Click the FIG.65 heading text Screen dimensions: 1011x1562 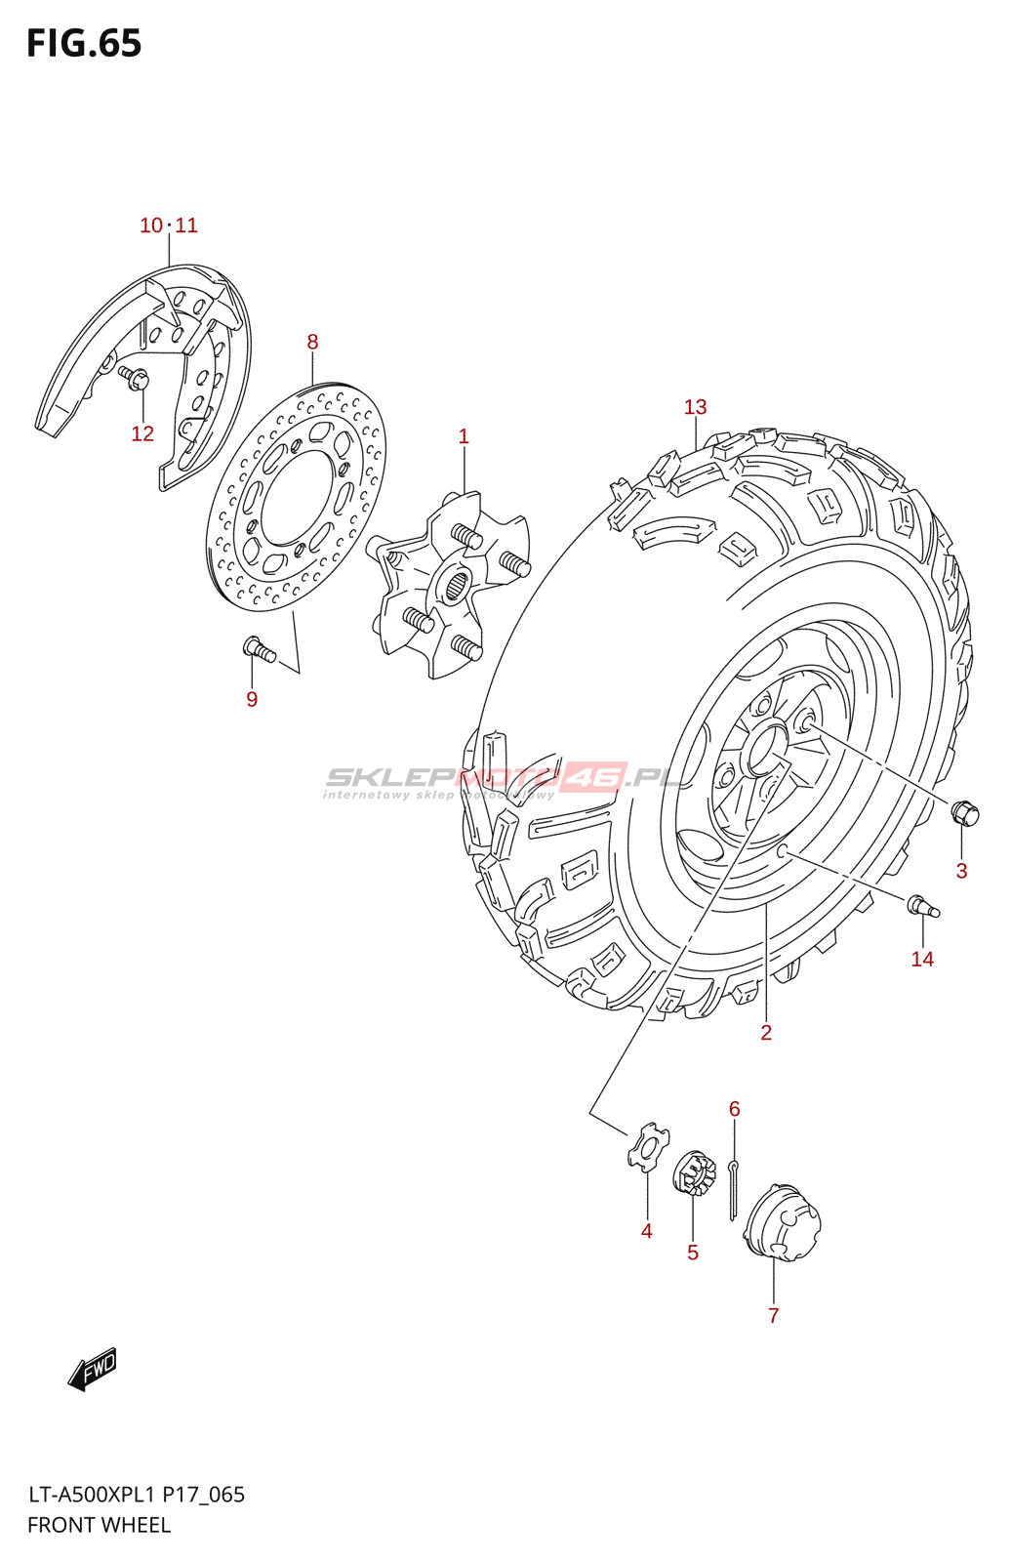(x=84, y=44)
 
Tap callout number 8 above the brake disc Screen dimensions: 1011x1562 (x=312, y=342)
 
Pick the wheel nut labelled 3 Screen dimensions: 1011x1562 (x=964, y=811)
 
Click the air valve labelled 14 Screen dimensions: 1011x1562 (x=922, y=907)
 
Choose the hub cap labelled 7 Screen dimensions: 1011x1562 (x=783, y=1221)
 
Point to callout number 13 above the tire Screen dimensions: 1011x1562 (x=695, y=407)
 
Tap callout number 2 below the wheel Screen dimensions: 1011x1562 (x=766, y=1033)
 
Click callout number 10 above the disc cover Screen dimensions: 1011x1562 (x=150, y=226)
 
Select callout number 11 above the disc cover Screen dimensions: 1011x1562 (x=186, y=226)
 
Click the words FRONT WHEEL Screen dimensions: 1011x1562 (x=99, y=1525)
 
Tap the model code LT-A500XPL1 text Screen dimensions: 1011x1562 (x=91, y=1495)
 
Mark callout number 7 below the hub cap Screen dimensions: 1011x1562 (x=773, y=1316)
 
